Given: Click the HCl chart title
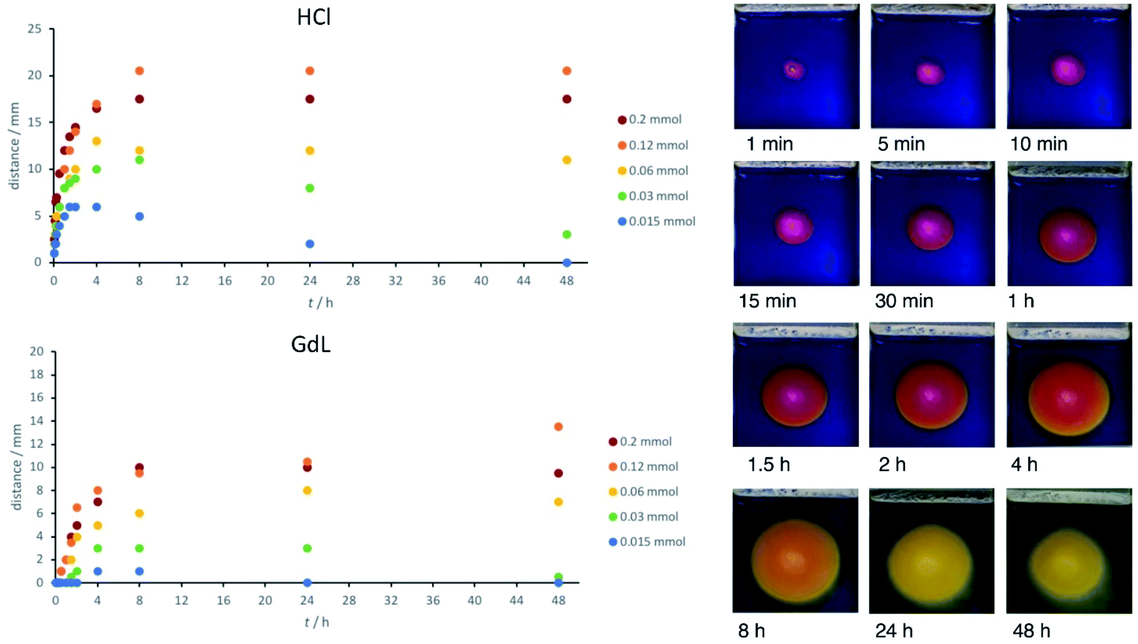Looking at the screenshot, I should pyautogui.click(x=314, y=17).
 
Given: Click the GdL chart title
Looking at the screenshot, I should pyautogui.click(x=310, y=345).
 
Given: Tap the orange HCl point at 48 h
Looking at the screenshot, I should pyautogui.click(x=567, y=71).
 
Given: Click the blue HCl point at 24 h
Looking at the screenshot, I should pyautogui.click(x=310, y=244).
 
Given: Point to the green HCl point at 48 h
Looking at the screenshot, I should pyautogui.click(x=567, y=235).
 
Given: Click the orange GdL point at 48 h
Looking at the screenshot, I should pyautogui.click(x=558, y=426).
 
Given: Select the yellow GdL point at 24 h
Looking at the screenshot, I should pyautogui.click(x=307, y=491).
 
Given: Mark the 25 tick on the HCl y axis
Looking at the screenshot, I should pyautogui.click(x=35, y=29).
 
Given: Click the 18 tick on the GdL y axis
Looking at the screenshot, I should pyautogui.click(x=37, y=375).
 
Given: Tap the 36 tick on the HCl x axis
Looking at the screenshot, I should pyautogui.click(x=438, y=281).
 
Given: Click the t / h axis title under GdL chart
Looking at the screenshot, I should pyautogui.click(x=317, y=622).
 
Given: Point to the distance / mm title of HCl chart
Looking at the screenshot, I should pyautogui.click(x=15, y=147).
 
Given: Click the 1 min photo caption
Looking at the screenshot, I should pyautogui.click(x=769, y=144).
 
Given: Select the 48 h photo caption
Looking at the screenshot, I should pyautogui.click(x=1031, y=631).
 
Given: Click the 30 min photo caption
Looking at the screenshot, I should pyautogui.click(x=903, y=301).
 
